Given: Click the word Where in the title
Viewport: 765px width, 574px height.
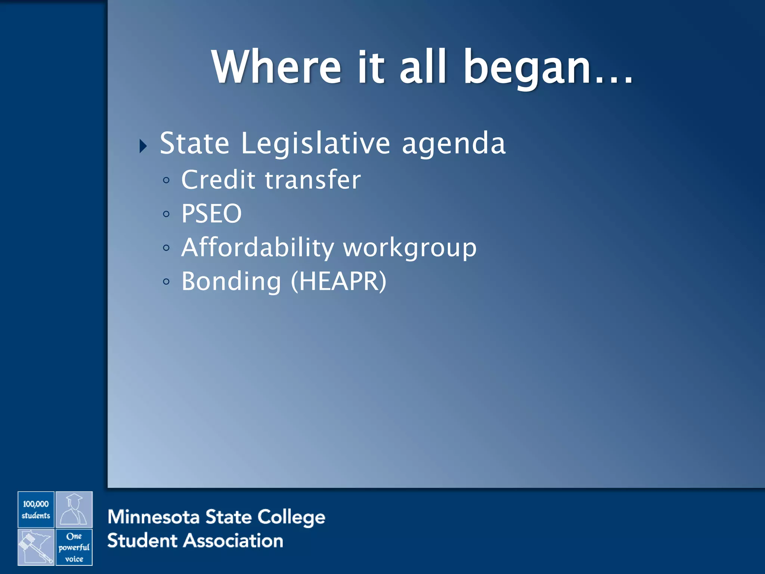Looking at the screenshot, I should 276,67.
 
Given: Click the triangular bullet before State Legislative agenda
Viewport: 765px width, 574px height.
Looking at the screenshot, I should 143,146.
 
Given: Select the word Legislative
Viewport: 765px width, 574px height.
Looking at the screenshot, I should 316,144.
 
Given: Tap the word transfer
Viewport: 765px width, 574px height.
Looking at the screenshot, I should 313,180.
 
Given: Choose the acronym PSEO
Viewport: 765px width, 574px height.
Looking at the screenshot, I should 211,213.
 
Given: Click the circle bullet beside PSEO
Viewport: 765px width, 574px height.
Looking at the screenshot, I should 166,214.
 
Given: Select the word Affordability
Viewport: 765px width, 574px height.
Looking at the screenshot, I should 257,248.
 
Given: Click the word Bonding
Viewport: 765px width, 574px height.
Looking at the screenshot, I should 231,282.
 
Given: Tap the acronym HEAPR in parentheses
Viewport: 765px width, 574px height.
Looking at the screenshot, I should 338,281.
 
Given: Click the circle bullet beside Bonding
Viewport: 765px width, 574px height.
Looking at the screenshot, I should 166,281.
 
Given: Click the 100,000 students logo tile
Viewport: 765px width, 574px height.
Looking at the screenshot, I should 36,509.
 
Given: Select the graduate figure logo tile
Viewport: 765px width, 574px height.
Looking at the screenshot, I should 74,509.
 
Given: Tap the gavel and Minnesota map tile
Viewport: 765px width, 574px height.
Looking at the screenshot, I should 36,547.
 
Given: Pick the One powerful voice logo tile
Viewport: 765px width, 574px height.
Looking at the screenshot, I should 74,547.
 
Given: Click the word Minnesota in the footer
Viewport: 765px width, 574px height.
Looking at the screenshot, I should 154,517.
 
